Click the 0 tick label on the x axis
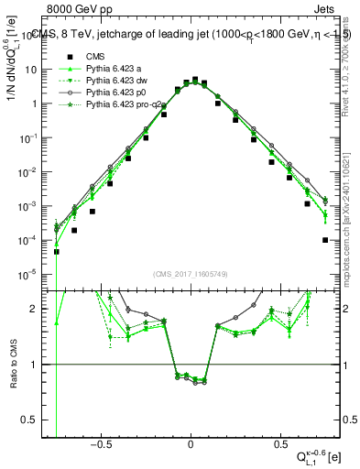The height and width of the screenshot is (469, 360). (191, 445)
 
